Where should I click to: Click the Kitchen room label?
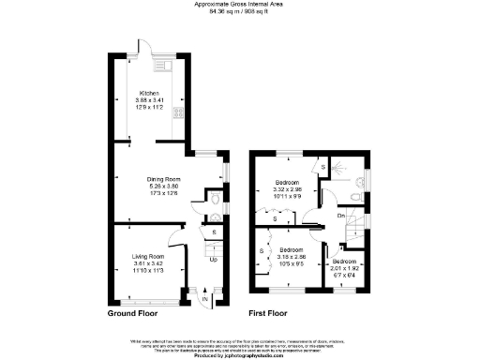pyautogui.click(x=149, y=93)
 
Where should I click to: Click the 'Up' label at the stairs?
pyautogui.click(x=213, y=258)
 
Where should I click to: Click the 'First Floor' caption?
pyautogui.click(x=269, y=316)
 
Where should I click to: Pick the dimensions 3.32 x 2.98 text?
pyautogui.click(x=287, y=188)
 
